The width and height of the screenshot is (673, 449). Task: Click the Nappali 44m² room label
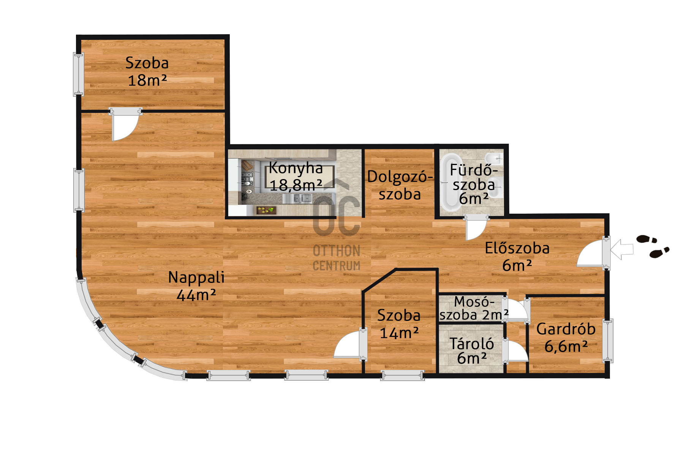click(196, 286)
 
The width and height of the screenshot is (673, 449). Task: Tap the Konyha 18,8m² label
click(296, 176)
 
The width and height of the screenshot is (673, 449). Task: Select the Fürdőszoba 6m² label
click(474, 184)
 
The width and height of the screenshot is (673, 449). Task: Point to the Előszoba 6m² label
click(517, 257)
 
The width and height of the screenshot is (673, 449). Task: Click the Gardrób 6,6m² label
click(566, 338)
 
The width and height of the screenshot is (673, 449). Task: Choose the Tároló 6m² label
click(472, 351)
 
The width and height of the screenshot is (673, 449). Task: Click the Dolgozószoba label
click(400, 186)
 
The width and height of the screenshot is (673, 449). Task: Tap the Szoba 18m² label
click(147, 71)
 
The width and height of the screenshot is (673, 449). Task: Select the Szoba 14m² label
click(399, 324)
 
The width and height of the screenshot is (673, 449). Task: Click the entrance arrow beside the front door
click(622, 249)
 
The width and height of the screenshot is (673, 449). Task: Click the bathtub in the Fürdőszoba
click(451, 182)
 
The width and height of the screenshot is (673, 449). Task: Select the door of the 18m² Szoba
click(125, 125)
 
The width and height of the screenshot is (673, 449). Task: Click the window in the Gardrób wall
click(608, 341)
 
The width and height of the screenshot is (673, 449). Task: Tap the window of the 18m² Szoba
click(78, 74)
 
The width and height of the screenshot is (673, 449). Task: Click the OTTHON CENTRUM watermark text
click(336, 258)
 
